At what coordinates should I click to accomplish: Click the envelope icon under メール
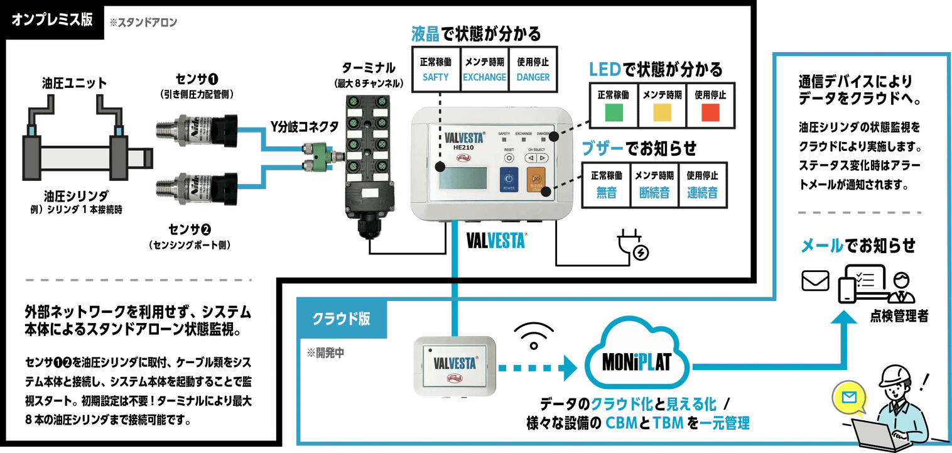pos(815,281)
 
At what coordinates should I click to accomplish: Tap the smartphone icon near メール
pos(848,290)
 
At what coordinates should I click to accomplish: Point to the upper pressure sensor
pos(196,129)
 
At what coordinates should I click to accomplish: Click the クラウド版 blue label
pos(341,318)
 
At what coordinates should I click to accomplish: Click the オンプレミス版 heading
pos(52,19)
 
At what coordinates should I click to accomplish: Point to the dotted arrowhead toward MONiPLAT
pos(569,368)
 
